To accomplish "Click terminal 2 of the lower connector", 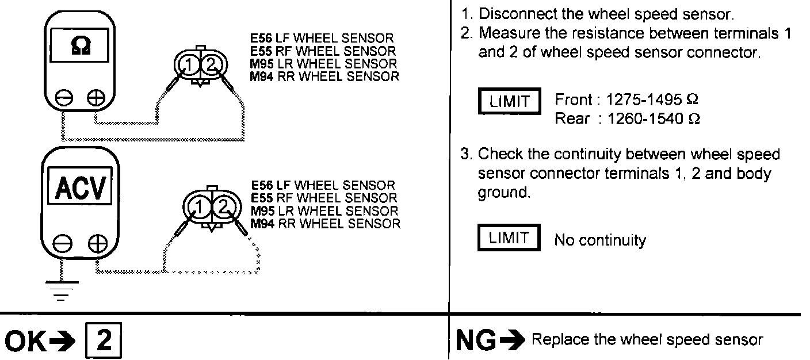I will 224,206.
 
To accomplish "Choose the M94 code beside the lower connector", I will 264,224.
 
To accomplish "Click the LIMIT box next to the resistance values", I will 509,102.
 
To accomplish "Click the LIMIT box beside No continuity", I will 509,239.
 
